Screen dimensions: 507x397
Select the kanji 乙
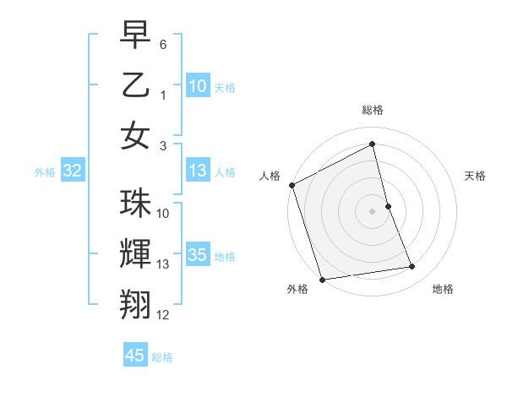(x=135, y=85)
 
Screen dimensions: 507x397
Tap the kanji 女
(x=135, y=135)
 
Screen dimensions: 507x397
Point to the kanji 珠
(x=135, y=204)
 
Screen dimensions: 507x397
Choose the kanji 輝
(x=135, y=253)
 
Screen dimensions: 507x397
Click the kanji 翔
(x=135, y=303)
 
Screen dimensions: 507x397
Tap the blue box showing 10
(x=197, y=86)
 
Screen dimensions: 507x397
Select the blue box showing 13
(x=197, y=171)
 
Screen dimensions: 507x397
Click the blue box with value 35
(x=197, y=256)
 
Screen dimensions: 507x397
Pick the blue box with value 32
(x=72, y=171)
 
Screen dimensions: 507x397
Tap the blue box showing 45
(x=135, y=356)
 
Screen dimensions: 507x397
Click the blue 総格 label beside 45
(x=162, y=357)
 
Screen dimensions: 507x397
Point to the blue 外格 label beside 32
(x=44, y=172)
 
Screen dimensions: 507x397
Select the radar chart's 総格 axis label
(x=373, y=110)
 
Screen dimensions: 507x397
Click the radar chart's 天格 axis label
(x=476, y=176)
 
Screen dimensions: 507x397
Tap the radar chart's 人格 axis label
(x=270, y=176)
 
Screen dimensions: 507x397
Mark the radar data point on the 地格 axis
(x=412, y=267)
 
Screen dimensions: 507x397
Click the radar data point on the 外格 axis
(x=322, y=279)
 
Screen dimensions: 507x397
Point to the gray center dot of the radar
(x=373, y=210)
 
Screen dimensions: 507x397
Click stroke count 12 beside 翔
(x=163, y=315)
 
